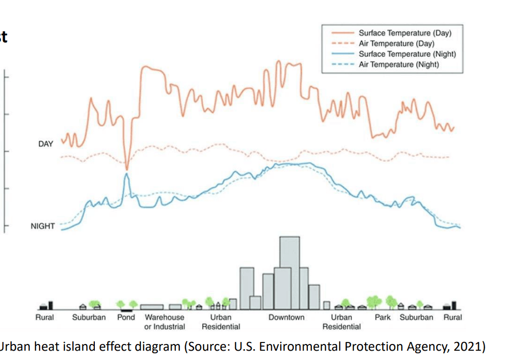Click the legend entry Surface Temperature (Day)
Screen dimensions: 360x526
405,34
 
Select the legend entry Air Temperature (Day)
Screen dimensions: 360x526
397,44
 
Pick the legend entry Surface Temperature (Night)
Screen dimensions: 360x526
407,54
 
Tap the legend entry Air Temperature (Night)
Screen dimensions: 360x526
399,64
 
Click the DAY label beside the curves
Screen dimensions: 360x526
45,144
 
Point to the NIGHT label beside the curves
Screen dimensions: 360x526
42,226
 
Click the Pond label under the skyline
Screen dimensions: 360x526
126,317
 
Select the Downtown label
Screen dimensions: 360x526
286,317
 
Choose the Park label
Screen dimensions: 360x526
383,317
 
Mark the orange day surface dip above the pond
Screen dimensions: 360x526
127,168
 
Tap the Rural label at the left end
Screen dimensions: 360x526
44,317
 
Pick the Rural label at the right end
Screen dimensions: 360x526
453,317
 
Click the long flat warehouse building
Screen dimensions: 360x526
152,307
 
